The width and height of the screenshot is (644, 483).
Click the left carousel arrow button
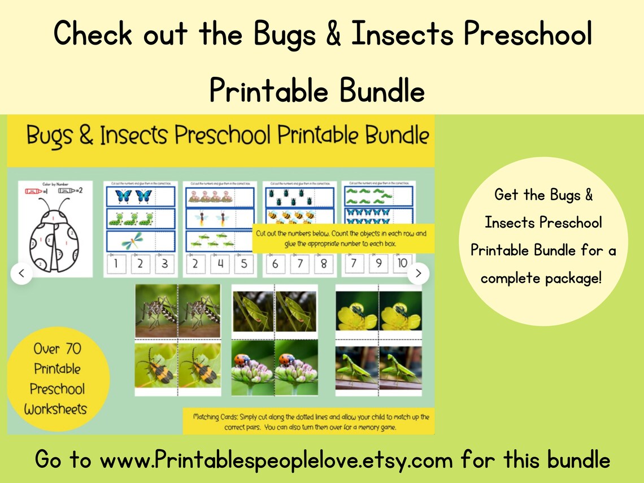point(21,273)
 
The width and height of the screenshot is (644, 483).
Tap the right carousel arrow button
point(418,273)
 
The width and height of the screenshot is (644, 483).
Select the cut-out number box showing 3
point(164,264)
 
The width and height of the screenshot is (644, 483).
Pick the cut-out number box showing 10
point(402,264)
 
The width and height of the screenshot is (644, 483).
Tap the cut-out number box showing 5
point(244,264)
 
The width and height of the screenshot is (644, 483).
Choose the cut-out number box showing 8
point(324,264)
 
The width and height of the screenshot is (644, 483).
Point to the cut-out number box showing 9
point(378,264)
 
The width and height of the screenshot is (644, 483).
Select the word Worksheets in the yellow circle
point(55,409)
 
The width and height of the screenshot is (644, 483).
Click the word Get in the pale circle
point(506,195)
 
